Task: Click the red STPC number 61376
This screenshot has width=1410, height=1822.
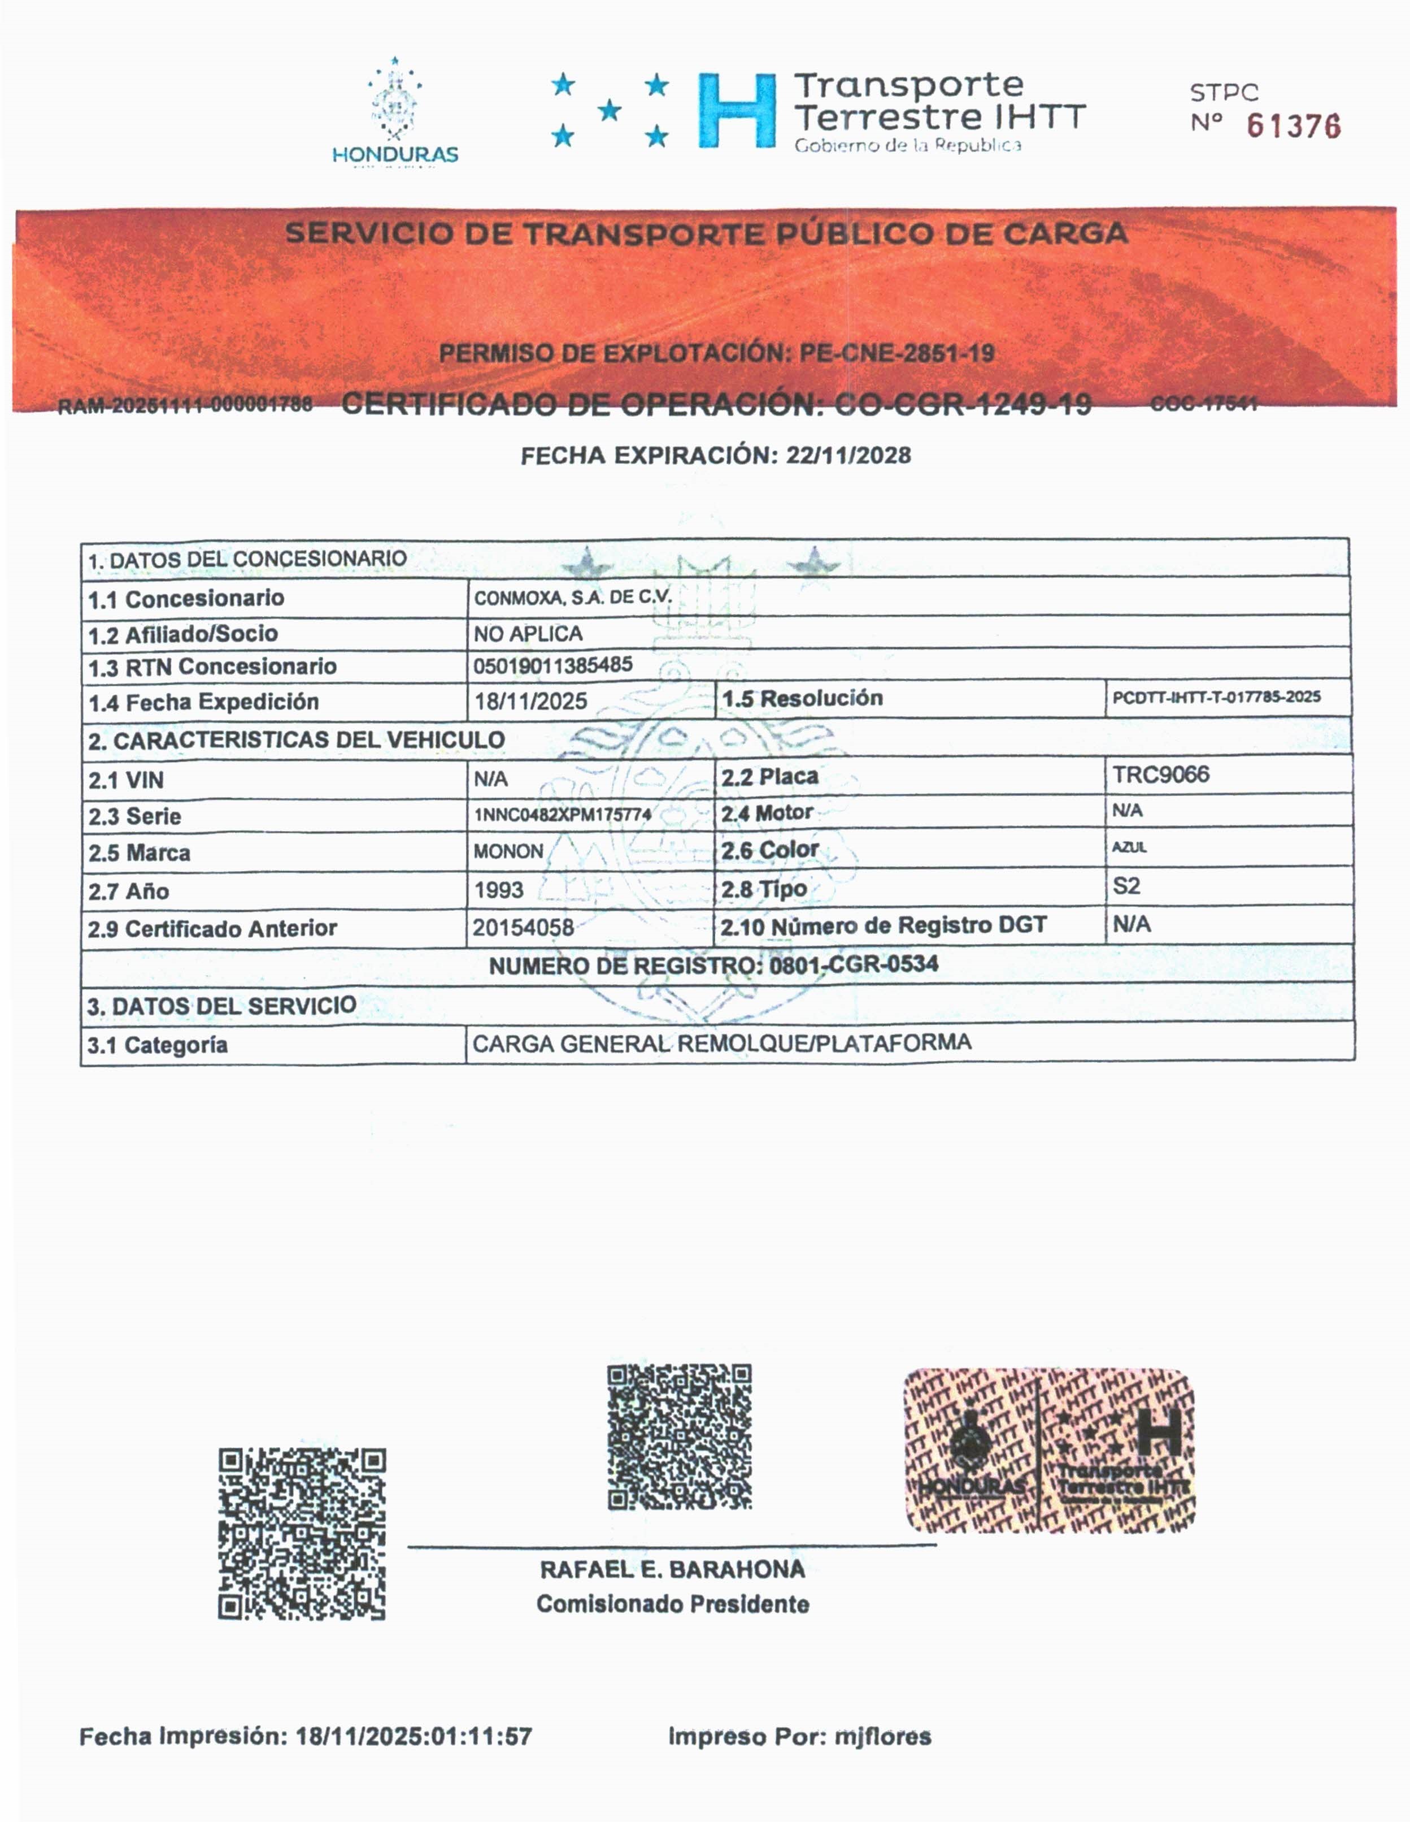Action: tap(1293, 126)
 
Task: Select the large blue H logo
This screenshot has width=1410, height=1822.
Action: tap(737, 111)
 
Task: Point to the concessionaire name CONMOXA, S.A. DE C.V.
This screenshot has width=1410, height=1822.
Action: tap(572, 598)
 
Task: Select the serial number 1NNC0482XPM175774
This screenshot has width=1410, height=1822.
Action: tap(562, 814)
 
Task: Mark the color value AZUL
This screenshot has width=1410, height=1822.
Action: tap(1129, 847)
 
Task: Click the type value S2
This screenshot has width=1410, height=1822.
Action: tap(1126, 886)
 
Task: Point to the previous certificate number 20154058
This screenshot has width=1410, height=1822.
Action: tap(523, 927)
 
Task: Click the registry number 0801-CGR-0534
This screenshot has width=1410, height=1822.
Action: tap(853, 964)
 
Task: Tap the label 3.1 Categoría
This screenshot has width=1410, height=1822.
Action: tap(158, 1045)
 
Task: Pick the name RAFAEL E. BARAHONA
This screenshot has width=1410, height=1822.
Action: tap(672, 1569)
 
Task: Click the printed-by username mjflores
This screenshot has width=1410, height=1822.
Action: tap(883, 1737)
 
